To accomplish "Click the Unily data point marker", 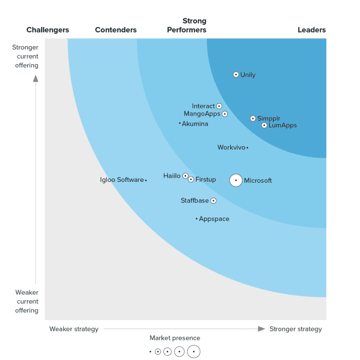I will point(236,75).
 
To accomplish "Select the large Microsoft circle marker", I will point(236,180).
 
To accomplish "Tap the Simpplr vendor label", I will point(269,119).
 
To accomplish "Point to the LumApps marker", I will point(264,125).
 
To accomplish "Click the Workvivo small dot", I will point(247,148).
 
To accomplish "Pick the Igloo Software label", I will point(122,180).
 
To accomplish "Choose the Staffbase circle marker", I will point(213,201).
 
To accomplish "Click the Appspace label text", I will point(214,219).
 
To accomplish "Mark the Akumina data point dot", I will point(180,124).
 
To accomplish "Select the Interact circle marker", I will point(219,106).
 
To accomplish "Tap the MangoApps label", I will point(202,114).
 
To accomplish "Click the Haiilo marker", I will point(185,176).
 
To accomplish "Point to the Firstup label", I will point(205,180).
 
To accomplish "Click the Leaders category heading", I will point(312,30).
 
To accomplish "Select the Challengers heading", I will point(48,30).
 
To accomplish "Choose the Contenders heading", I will point(116,30).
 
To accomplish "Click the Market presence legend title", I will point(175,338).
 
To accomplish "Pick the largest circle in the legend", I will point(194,352).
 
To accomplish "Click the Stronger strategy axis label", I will point(296,329).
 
